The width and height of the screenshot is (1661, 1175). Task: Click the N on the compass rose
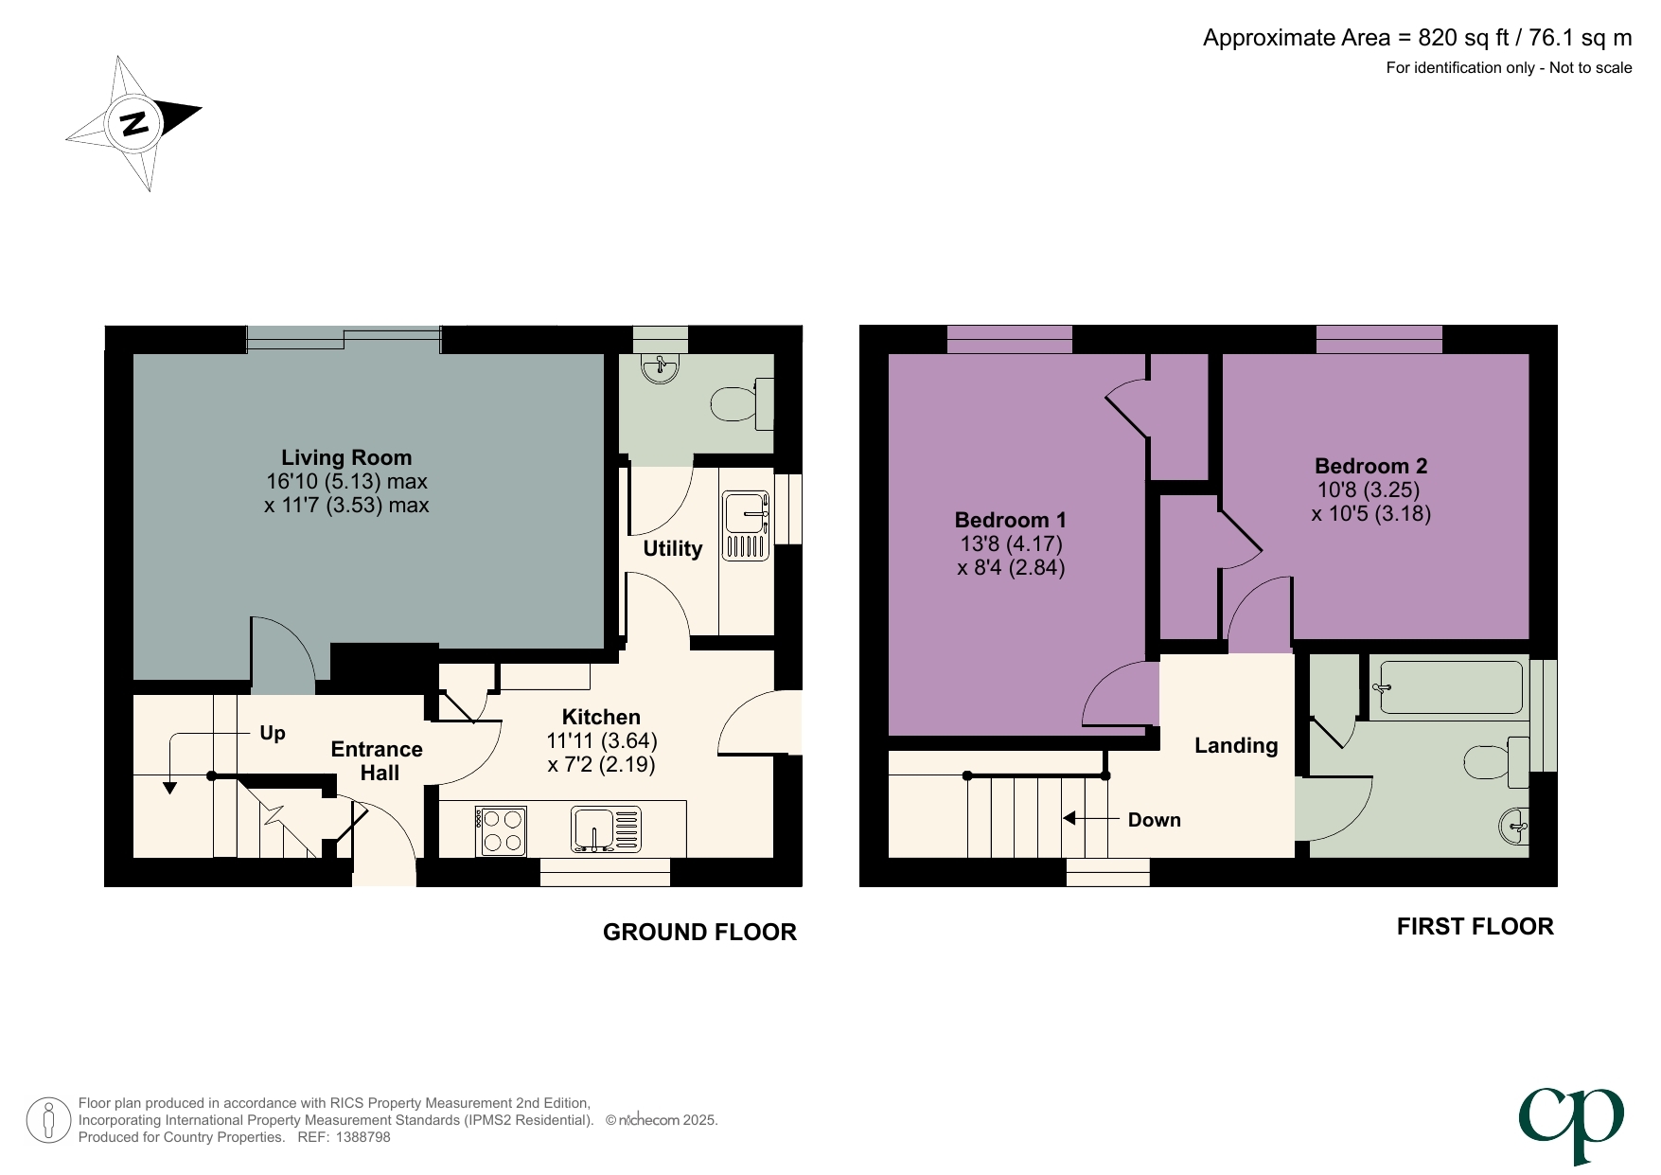(134, 123)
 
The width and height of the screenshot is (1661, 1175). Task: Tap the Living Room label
(346, 457)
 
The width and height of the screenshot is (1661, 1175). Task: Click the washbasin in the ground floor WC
(660, 367)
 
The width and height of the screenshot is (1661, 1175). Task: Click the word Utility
(672, 549)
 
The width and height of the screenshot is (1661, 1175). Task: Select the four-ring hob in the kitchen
(502, 830)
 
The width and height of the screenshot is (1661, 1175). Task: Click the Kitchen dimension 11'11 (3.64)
(601, 740)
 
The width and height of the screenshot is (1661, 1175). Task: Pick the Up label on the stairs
(272, 733)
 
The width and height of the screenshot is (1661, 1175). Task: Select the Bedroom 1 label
(1010, 520)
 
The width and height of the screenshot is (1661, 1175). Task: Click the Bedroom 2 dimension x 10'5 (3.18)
(1370, 514)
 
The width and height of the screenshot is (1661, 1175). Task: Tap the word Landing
(1236, 746)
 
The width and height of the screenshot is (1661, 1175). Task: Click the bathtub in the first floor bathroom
(1448, 686)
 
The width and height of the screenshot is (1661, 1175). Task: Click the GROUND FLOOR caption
(699, 933)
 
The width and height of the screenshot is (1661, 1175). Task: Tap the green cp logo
(1572, 1124)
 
